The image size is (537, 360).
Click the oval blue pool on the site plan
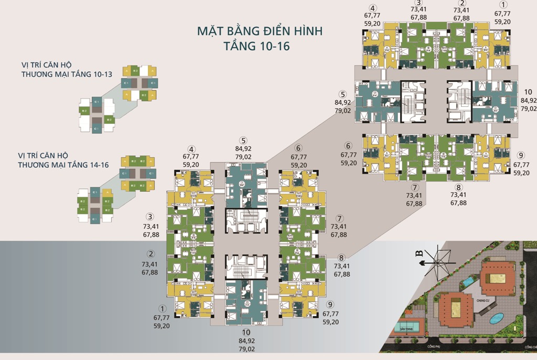(496, 318)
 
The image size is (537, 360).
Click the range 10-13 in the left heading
(101, 74)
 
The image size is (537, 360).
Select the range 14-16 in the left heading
(97, 165)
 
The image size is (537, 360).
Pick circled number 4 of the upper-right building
(373, 8)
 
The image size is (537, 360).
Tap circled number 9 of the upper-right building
(521, 155)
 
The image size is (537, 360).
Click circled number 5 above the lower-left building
(243, 140)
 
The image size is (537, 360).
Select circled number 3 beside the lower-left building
(150, 217)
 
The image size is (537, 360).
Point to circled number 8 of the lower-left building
(341, 258)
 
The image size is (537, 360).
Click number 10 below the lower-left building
(246, 332)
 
